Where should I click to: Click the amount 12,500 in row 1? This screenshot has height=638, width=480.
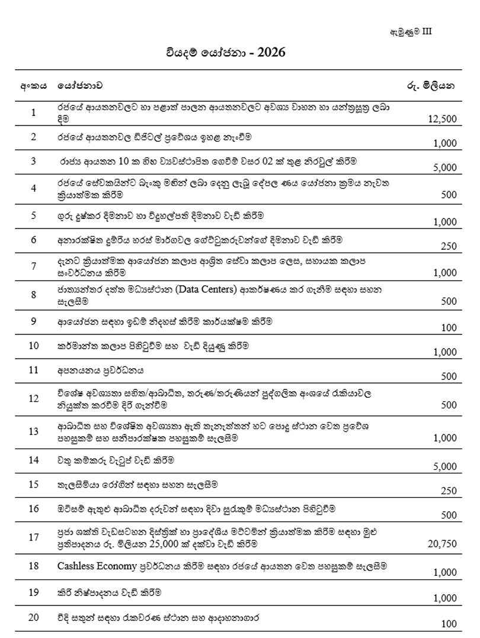[441, 119]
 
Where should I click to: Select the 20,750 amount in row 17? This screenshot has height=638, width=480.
[441, 543]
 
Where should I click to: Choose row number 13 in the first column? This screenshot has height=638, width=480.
[33, 431]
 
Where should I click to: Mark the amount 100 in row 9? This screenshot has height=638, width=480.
[449, 327]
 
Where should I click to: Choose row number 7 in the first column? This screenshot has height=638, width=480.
[33, 266]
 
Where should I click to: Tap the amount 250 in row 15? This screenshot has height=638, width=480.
[449, 491]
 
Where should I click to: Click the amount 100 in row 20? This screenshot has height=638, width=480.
[449, 623]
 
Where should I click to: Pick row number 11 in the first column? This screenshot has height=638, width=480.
[33, 370]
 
